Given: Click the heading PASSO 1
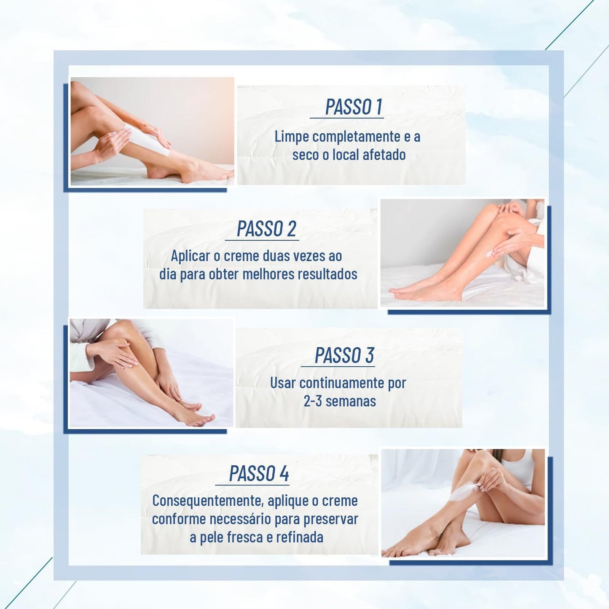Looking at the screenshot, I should click(x=354, y=107).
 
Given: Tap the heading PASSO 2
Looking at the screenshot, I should click(x=266, y=229).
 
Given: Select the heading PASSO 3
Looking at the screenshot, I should click(x=344, y=355).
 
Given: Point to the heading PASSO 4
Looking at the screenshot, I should click(x=259, y=473).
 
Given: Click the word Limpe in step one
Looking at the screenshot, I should click(x=292, y=137).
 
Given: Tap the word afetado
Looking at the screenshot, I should click(x=384, y=155).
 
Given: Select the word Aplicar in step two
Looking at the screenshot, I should click(x=190, y=256).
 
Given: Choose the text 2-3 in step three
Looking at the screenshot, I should click(x=313, y=401).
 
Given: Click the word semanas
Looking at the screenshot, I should click(x=351, y=401).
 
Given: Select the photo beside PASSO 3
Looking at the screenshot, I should click(x=151, y=373).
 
